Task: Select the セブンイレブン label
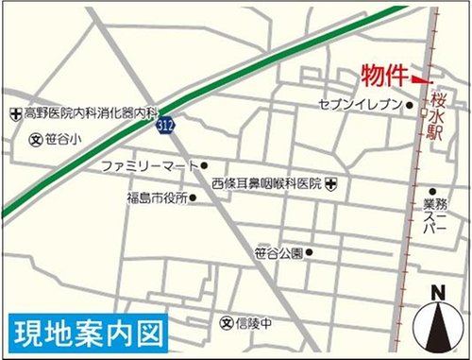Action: click(x=362, y=105)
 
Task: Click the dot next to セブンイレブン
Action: click(x=410, y=106)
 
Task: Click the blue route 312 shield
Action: click(x=167, y=125)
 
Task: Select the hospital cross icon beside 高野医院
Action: click(x=14, y=113)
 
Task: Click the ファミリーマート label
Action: click(x=150, y=166)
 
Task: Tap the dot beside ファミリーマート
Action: click(x=204, y=166)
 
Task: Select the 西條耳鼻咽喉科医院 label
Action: click(x=266, y=182)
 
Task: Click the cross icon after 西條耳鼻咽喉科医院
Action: click(x=329, y=182)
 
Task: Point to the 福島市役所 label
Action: click(x=157, y=198)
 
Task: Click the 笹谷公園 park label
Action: click(x=278, y=253)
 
